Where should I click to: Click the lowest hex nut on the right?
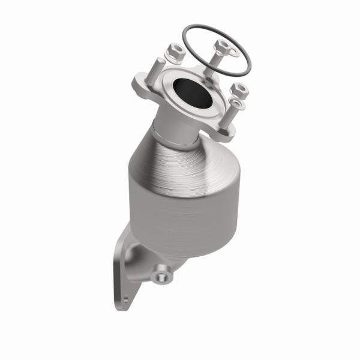[239, 90]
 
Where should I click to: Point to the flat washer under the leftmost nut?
[174, 60]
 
